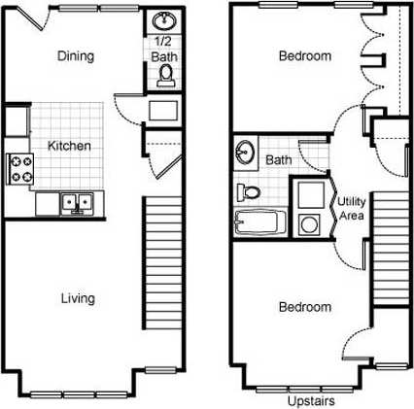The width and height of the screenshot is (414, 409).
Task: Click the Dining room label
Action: coord(76,55)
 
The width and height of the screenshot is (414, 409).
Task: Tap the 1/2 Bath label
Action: coord(162,49)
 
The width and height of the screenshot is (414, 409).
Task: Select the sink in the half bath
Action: coord(162,20)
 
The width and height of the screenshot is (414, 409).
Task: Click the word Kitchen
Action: coord(70,146)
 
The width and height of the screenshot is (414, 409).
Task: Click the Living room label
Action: coord(77,298)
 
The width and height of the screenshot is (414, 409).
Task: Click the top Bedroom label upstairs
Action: coord(304,55)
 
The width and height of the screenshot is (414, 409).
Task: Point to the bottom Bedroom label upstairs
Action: coord(304,307)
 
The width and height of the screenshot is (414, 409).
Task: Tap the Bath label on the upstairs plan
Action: coord(279,159)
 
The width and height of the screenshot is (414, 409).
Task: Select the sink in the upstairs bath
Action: coord(246,153)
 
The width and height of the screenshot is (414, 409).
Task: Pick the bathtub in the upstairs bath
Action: coord(258,222)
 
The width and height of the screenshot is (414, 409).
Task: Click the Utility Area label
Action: coord(351,208)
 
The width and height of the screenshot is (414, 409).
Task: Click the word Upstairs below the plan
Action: coord(312,400)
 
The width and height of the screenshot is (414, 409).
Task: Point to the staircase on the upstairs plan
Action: coord(388,243)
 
